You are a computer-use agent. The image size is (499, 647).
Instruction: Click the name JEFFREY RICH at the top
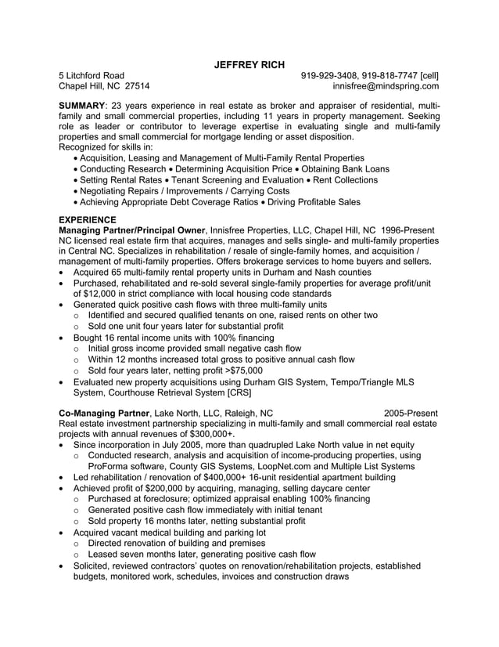click(249, 64)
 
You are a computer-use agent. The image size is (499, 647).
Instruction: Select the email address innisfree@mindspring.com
click(386, 87)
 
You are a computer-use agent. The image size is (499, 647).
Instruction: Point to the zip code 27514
click(138, 87)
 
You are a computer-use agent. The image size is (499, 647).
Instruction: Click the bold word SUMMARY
click(82, 105)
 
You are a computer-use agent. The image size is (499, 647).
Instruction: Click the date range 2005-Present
click(411, 413)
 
